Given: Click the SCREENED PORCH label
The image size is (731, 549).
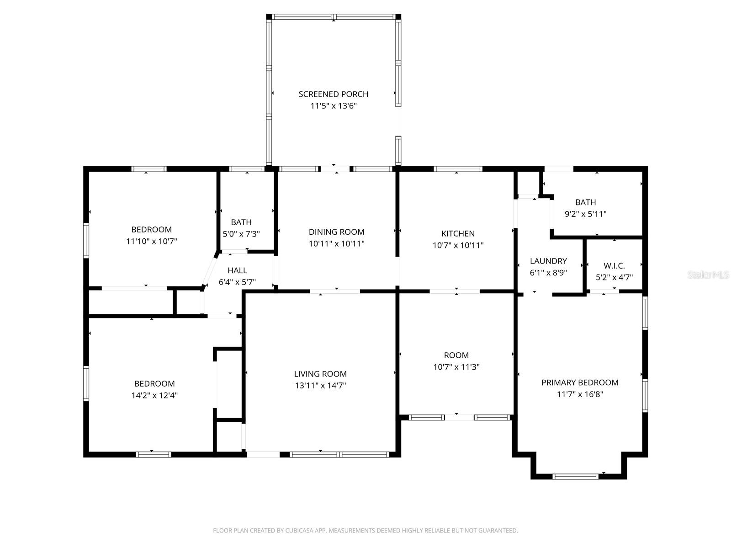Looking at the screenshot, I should [333, 94].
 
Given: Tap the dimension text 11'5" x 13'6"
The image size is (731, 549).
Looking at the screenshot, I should [333, 106].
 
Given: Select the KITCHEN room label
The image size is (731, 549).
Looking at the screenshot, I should [458, 233].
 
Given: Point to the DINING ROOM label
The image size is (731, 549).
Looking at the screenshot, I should [336, 232].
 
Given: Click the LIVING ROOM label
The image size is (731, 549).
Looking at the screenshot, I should [320, 374].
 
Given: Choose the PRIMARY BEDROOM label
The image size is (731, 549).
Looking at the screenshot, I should [580, 382].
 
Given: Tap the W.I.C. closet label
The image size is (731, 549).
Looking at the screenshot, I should [614, 266].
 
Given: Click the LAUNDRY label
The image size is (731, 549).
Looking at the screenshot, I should [548, 261].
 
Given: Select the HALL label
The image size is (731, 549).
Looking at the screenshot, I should [237, 271].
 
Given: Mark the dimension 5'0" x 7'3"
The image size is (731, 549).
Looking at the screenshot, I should [241, 234].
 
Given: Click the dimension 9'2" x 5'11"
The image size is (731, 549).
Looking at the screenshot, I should [585, 214].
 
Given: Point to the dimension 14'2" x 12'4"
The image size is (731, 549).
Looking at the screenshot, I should [154, 395].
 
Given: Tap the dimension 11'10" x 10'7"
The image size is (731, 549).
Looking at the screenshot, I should [151, 241].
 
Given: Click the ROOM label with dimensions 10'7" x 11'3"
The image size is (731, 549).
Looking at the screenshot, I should [456, 355].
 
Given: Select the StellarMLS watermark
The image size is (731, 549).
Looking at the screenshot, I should [708, 275].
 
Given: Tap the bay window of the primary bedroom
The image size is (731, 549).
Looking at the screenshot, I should [575, 476].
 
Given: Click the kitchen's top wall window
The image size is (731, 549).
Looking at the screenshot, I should [458, 169].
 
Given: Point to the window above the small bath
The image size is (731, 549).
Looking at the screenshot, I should [247, 169].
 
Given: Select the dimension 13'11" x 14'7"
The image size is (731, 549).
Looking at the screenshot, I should [320, 386].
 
